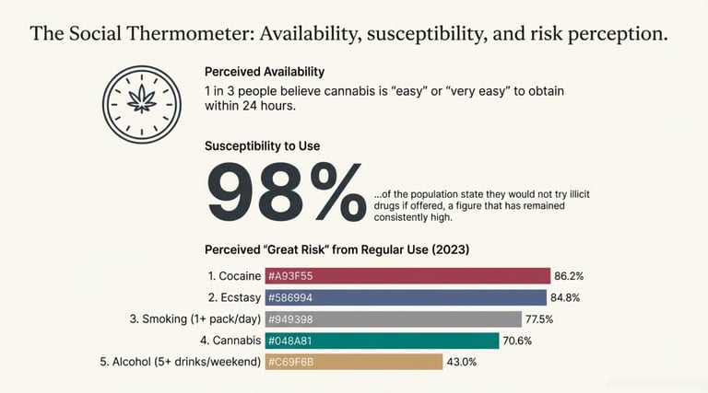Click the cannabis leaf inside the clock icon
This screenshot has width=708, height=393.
142,98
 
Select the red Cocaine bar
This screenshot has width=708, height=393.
407,276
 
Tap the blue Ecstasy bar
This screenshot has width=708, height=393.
406,297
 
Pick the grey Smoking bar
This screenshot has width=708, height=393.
394,319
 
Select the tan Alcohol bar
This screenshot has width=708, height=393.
354,362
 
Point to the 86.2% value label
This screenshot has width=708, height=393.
569,276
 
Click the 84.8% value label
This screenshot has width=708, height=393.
565,297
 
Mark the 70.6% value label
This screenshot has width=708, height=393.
519,341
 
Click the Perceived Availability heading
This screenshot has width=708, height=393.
265,72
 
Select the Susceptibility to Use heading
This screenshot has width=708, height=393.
262,145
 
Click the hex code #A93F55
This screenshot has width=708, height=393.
290,276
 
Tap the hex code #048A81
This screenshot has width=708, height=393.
290,341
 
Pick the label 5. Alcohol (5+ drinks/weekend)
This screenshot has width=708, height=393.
180,362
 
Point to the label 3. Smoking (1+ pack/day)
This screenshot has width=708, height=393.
195,319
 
